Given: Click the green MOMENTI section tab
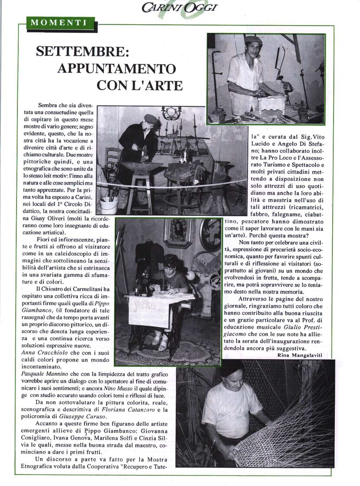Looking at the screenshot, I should (x=57, y=21).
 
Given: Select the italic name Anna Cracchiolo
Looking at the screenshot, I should (x=46, y=352).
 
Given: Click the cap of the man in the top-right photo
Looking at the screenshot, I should (x=253, y=40).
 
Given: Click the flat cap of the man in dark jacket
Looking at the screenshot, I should (x=151, y=119).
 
